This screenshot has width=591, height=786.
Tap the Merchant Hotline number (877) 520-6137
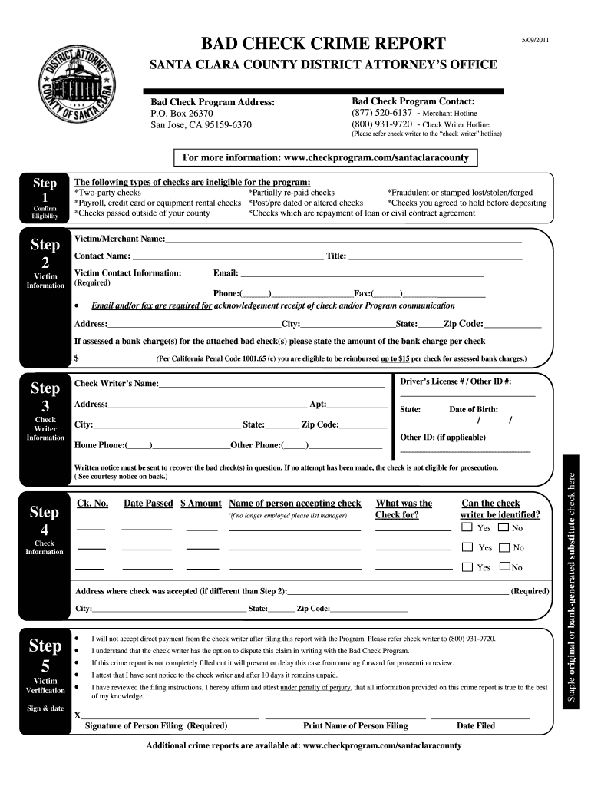[381, 113]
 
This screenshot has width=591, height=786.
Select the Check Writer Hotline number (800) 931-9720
[381, 124]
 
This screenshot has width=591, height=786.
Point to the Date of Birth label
[473, 410]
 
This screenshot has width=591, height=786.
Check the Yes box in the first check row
[467, 528]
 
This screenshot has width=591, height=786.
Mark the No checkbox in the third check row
[504, 567]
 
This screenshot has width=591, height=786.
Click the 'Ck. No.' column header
[92, 504]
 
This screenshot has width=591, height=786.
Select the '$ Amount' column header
[200, 504]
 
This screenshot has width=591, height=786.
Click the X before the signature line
[78, 715]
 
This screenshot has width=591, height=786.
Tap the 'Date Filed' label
[476, 725]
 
